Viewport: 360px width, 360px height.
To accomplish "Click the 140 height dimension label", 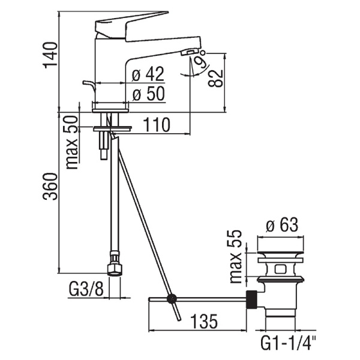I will (51, 55).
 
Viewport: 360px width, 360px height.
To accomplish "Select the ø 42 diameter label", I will (147, 75).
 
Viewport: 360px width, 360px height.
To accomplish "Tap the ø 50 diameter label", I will (147, 95).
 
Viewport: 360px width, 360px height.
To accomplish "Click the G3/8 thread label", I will (86, 290).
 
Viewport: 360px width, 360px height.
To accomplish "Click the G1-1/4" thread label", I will (289, 344).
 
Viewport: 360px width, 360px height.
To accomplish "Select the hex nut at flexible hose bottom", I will (113, 266).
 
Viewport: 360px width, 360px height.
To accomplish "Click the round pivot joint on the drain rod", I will (172, 298).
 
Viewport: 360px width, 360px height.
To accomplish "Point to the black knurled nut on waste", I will (253, 299).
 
